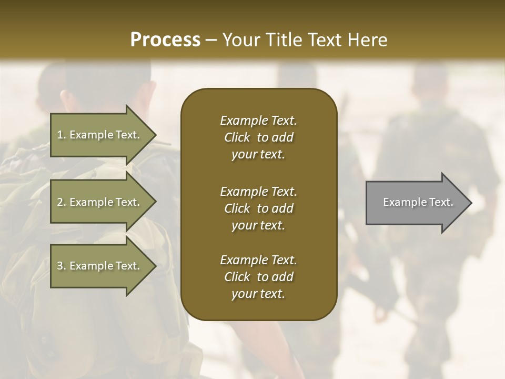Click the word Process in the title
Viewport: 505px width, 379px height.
point(165,40)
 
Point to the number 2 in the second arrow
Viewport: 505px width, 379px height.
point(60,202)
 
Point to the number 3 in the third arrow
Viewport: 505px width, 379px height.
point(60,266)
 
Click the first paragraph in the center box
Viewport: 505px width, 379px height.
point(258,137)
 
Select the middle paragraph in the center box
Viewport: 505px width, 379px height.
point(258,208)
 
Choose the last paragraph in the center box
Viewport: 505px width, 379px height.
point(258,277)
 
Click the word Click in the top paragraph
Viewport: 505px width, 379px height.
point(237,138)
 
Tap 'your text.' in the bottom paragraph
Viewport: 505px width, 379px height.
point(258,294)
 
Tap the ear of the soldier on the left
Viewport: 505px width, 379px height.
point(65,99)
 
